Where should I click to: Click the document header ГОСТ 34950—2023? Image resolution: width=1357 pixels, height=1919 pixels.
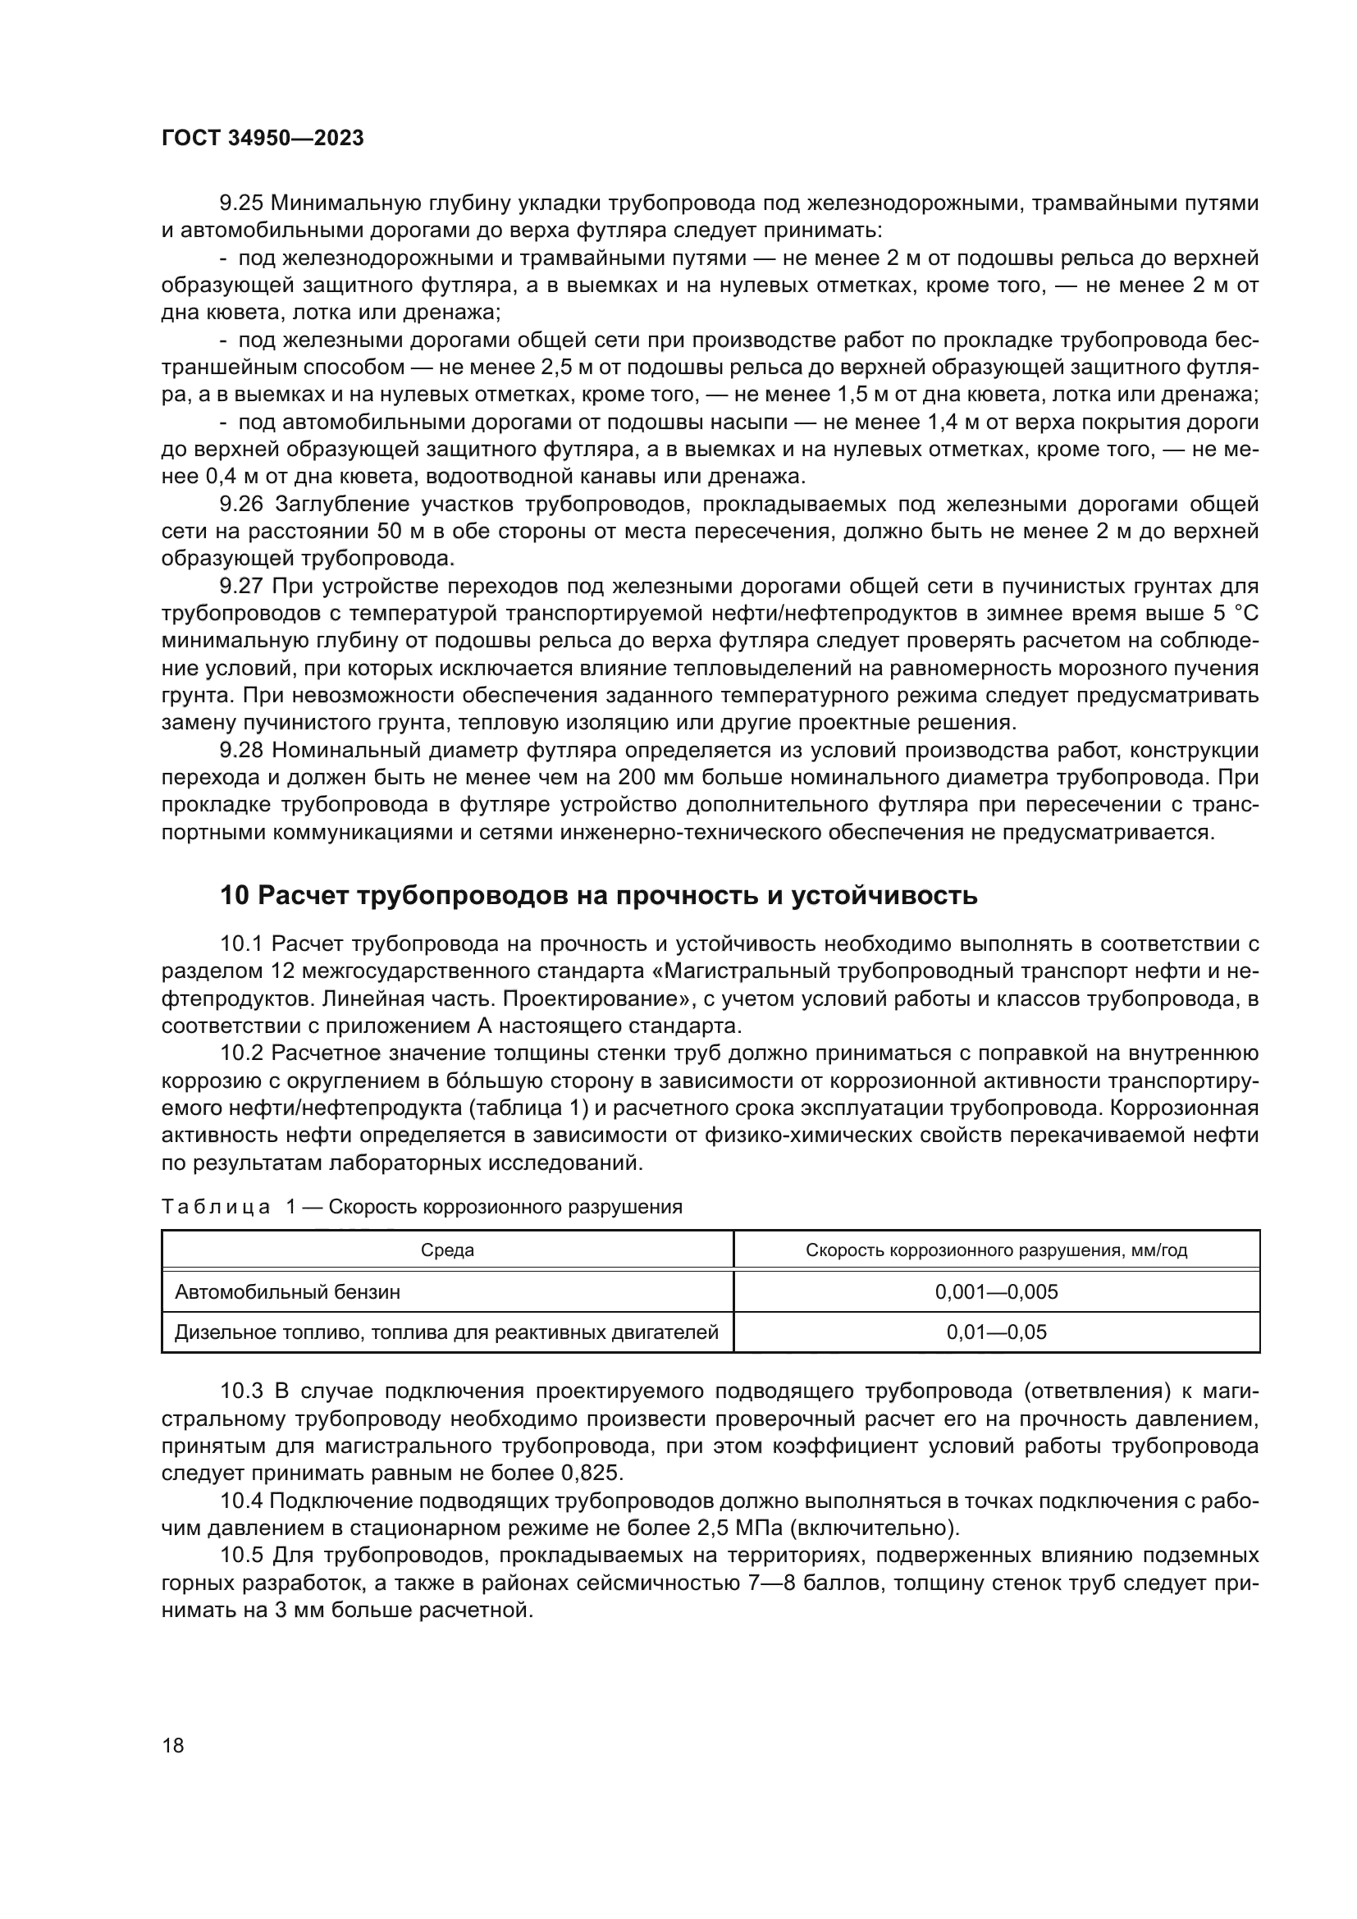[x=263, y=139]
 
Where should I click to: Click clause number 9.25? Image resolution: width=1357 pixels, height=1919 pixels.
[x=241, y=203]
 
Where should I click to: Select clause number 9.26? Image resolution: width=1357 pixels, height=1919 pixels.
[x=241, y=504]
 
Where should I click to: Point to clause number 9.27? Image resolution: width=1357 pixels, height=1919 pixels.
[x=241, y=586]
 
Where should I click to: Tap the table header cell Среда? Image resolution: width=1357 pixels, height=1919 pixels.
[x=447, y=1250]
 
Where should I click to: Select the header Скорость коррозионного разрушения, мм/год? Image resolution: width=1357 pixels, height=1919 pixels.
[x=996, y=1250]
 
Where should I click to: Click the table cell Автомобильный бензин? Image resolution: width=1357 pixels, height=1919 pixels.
[x=287, y=1292]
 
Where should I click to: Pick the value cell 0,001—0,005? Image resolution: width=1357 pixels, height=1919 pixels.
[x=996, y=1292]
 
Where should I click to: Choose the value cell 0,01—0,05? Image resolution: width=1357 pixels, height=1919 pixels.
[x=996, y=1332]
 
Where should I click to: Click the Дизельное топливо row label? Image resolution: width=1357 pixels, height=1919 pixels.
[x=446, y=1332]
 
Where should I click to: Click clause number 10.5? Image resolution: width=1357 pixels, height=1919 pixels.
[x=241, y=1556]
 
